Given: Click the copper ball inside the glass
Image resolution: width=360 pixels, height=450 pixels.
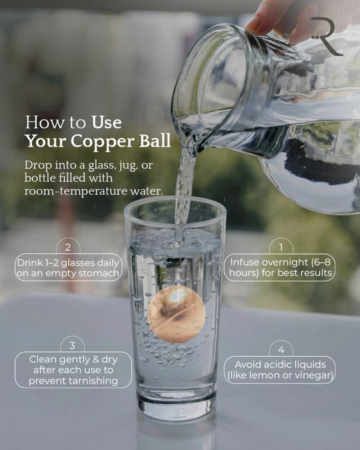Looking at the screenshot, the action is click(x=176, y=314).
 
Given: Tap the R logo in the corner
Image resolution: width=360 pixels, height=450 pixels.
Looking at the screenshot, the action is click(x=327, y=36).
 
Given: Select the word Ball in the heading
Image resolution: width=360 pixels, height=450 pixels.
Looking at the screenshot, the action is click(x=155, y=141).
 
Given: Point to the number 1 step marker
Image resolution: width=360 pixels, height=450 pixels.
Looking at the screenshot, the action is click(x=281, y=247).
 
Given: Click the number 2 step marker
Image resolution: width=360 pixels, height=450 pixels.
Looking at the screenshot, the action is click(x=68, y=247).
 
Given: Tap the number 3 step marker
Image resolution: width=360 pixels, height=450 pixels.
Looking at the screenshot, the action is click(x=72, y=345).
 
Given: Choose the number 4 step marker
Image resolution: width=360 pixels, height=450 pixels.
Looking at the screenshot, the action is click(x=281, y=350).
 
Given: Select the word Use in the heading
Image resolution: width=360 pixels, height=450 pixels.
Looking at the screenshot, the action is click(x=107, y=122).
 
